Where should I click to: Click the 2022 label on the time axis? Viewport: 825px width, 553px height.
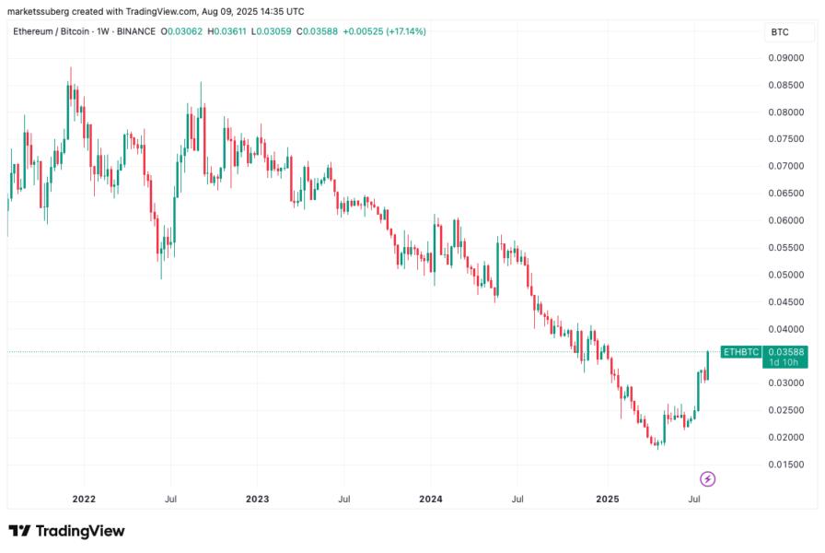pyautogui.click(x=84, y=499)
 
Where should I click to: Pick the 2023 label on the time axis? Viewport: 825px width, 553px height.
pyautogui.click(x=257, y=499)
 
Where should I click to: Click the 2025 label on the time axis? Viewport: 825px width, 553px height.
pyautogui.click(x=606, y=499)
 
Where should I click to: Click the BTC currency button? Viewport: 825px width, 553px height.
pyautogui.click(x=780, y=32)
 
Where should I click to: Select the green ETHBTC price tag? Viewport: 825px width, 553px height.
pyautogui.click(x=740, y=352)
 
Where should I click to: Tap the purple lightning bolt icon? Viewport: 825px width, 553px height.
pyautogui.click(x=707, y=478)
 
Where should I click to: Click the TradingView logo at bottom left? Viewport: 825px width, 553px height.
pyautogui.click(x=66, y=531)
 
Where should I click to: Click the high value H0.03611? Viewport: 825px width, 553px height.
pyautogui.click(x=228, y=31)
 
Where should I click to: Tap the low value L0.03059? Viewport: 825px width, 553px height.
pyautogui.click(x=273, y=31)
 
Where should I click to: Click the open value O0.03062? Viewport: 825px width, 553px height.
pyautogui.click(x=182, y=31)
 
